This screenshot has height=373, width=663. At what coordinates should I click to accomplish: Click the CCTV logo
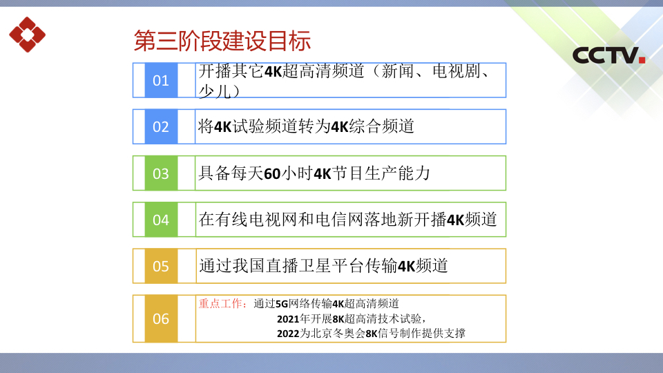(608, 55)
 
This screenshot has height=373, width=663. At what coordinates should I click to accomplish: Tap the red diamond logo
(28, 35)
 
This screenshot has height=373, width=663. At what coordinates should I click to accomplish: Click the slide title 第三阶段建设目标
(222, 41)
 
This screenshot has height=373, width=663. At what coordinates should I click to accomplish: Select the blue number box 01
(161, 80)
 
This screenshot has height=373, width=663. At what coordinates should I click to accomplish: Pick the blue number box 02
(161, 127)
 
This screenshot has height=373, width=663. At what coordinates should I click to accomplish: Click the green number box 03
(161, 173)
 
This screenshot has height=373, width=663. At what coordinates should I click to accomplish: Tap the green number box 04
(161, 220)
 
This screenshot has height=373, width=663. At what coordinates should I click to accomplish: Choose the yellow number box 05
(161, 266)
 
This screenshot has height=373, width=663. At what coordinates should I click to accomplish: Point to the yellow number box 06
(161, 319)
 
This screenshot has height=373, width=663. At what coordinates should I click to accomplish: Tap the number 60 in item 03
(272, 174)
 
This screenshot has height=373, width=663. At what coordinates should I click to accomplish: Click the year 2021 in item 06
(288, 319)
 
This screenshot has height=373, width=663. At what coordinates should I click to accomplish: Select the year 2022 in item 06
(288, 334)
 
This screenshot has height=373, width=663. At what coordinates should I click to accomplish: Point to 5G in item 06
(282, 304)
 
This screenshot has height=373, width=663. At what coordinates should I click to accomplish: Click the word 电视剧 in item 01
(457, 71)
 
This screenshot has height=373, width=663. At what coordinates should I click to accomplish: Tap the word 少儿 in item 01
(215, 91)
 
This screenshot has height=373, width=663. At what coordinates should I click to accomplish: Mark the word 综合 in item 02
(365, 126)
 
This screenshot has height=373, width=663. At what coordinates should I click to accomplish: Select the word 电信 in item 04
(331, 220)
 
